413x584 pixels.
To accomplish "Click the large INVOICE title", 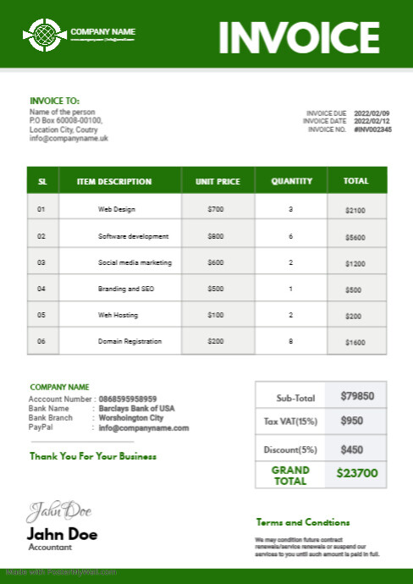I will point(299,36).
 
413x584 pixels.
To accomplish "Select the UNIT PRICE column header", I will point(218,181).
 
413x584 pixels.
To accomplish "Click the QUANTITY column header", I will point(291,181).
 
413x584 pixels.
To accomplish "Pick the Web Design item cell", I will point(117,208).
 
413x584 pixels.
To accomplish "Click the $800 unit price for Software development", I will point(216,236).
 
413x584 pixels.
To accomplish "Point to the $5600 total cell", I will point(355,237).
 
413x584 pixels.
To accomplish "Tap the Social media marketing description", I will point(135,262).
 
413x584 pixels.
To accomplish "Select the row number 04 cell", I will point(41,289).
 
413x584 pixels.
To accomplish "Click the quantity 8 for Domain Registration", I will point(290,341).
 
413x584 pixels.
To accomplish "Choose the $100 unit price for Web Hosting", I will point(216,315).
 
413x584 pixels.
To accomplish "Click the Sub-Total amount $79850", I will point(357,395).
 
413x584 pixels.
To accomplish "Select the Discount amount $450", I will point(351,449).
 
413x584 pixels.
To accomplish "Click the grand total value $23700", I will point(357,474).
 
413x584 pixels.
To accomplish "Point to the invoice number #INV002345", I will point(372,129).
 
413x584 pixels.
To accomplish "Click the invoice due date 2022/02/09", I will point(372,113).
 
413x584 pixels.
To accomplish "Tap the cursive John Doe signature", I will point(58,511).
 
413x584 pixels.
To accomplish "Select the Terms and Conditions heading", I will point(302,522).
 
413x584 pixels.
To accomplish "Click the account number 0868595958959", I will point(128,399).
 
